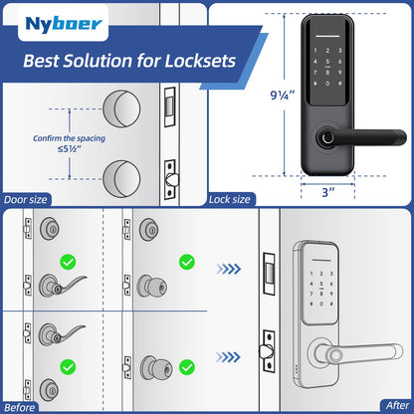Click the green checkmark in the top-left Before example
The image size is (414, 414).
[69, 264]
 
